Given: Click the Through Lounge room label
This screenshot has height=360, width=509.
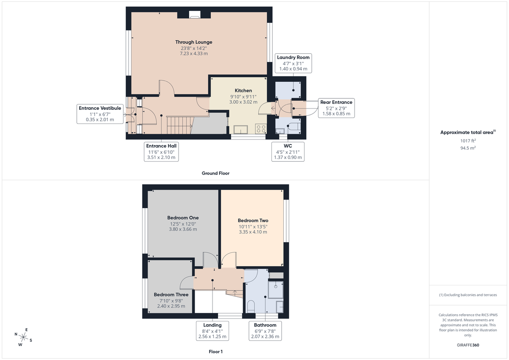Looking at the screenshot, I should coord(194,42).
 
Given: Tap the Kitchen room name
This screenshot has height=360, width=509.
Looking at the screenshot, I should coord(243,90).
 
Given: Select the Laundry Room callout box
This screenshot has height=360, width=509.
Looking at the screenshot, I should coord(294,63).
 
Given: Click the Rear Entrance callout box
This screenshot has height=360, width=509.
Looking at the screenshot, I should coord(336,108).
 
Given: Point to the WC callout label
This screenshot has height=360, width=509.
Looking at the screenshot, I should coord(288,151).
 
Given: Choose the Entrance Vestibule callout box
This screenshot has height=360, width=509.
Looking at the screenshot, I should coord(100,114).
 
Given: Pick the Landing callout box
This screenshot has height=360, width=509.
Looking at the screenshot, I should coord(212,331).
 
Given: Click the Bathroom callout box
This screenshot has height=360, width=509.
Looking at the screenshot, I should coord(265,331).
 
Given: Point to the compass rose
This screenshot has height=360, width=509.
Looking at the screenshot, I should coord(23,338).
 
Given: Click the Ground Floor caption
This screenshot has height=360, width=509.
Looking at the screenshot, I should coord(215,173).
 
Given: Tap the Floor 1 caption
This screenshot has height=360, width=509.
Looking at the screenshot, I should coord(215,352).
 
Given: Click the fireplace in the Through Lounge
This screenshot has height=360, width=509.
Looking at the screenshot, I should coord(194,17).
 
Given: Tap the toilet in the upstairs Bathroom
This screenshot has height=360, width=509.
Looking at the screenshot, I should coord(251,306).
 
